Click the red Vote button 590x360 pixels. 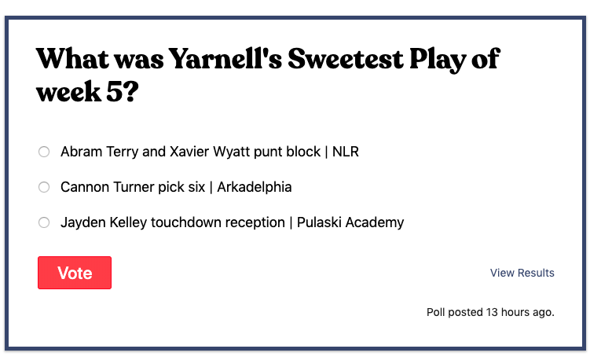pos(75,273)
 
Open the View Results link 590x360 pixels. pos(522,273)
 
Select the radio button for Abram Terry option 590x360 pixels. pos(44,152)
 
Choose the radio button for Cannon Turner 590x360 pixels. pos(44,187)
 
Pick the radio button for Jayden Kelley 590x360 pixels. pos(44,222)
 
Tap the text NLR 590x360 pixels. pos(346,152)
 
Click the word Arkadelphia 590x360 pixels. pos(255,187)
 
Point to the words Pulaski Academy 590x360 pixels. pos(350,222)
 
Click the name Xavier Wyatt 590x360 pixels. pos(207,152)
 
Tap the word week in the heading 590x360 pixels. pos(71,93)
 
